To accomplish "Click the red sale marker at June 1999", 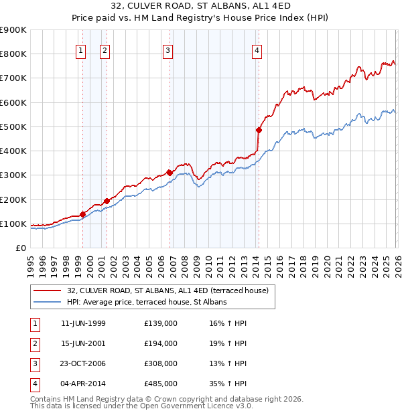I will [83, 214].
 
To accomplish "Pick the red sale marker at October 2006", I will [170, 173].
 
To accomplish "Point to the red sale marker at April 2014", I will [259, 130].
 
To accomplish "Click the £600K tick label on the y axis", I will [13, 102].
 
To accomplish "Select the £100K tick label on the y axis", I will [13, 224].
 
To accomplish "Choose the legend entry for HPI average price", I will [147, 302].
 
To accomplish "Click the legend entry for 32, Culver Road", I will [167, 290].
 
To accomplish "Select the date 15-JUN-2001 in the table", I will [83, 343].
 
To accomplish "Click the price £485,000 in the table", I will [161, 384].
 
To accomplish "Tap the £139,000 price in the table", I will [161, 323].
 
